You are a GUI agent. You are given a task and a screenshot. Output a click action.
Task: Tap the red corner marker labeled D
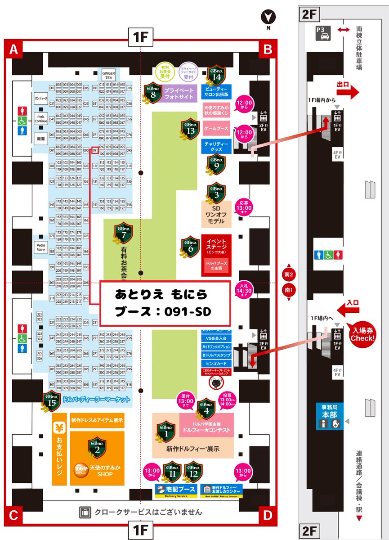[268, 514]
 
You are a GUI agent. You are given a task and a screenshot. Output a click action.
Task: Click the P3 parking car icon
[323, 33]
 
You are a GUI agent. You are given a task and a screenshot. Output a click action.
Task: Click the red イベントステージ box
[217, 255]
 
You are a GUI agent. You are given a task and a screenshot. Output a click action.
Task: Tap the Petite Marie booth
[41, 247]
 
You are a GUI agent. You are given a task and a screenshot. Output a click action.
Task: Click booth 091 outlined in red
[95, 150]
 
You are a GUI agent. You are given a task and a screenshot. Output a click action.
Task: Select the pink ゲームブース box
[216, 129]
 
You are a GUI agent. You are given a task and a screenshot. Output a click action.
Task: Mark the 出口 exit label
[346, 85]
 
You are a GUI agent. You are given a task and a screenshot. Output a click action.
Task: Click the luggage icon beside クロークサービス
[85, 512]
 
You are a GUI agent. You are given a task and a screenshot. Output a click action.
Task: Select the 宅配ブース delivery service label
[177, 490]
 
